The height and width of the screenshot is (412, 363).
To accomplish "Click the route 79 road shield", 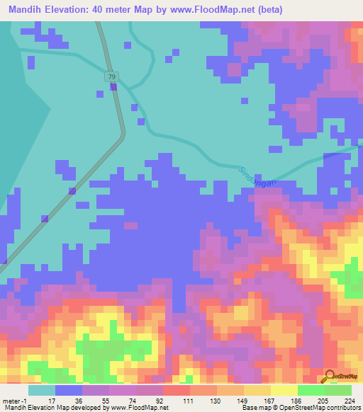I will (112, 76).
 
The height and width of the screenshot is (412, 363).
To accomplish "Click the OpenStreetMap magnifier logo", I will (329, 376).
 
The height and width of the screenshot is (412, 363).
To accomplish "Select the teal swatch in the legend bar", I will (41, 391).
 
